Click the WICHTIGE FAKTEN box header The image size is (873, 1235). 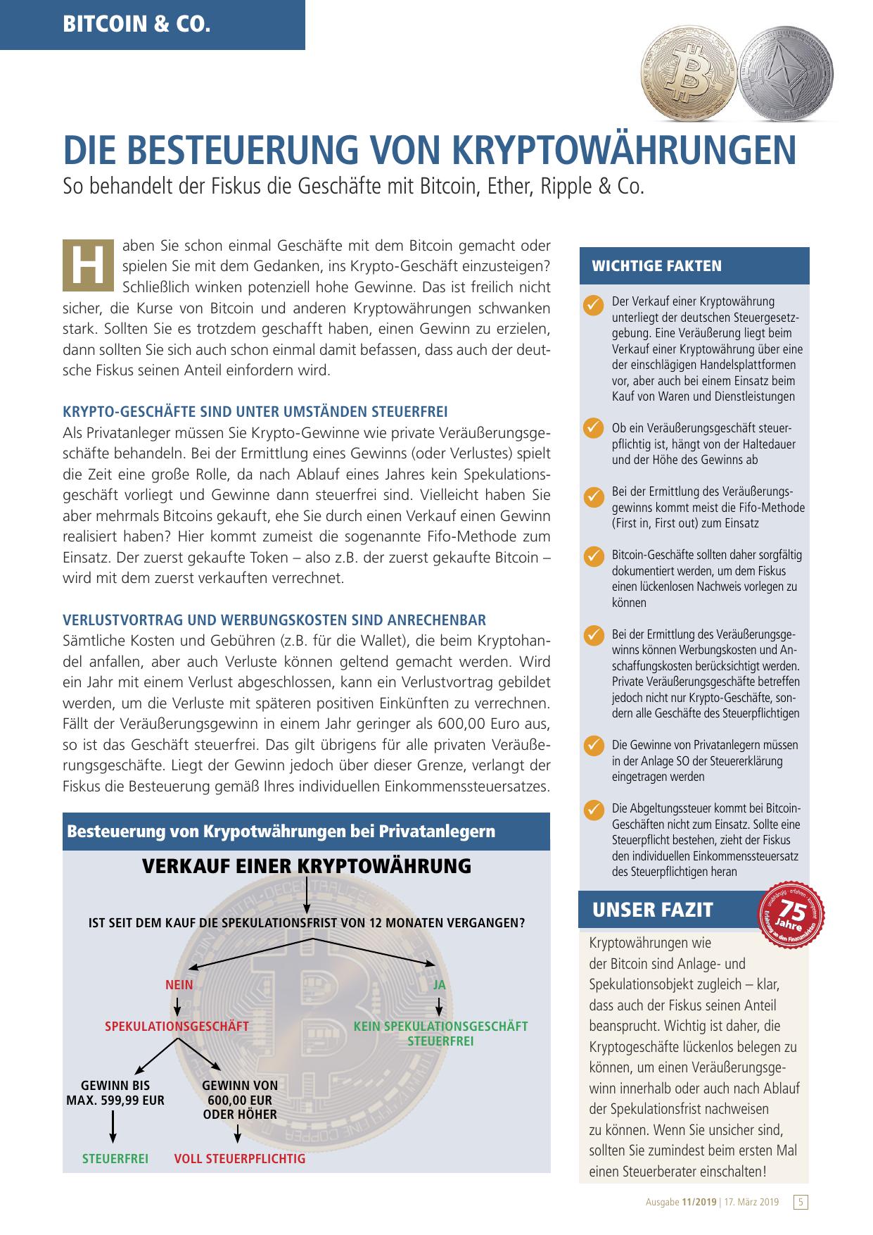(694, 266)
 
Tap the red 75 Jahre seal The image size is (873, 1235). (791, 913)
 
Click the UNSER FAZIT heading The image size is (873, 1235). (652, 910)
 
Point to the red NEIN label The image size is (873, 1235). (179, 985)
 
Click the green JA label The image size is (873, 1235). (440, 985)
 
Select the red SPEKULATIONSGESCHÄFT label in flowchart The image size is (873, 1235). (177, 1026)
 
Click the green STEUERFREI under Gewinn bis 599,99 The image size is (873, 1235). (115, 1158)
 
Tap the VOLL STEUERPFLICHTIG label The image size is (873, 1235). (240, 1158)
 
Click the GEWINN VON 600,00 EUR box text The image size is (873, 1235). (240, 1100)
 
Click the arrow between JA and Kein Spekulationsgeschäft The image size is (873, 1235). (440, 1003)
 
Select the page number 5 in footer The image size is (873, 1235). (801, 1202)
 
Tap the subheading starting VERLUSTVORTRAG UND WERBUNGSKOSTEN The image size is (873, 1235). (274, 620)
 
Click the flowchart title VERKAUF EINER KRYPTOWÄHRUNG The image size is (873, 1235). (307, 866)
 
